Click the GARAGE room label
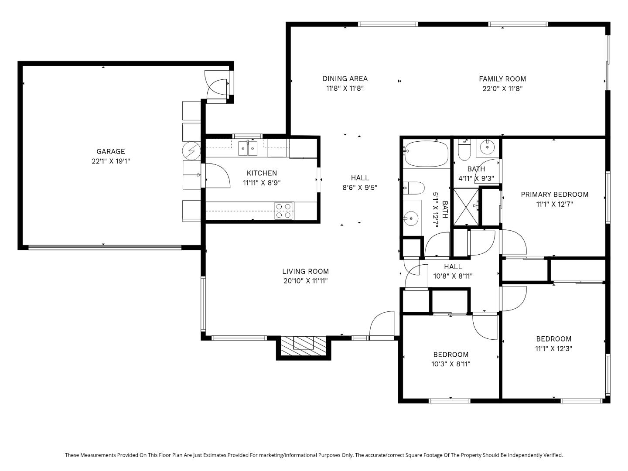tap(110, 151)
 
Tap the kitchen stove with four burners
tap(283, 210)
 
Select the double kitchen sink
tap(248, 148)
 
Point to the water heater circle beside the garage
tap(191, 150)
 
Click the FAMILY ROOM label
tap(502, 79)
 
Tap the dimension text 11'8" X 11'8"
tap(345, 88)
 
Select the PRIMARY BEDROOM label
tap(554, 195)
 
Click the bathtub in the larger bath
tap(426, 154)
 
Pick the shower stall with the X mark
tap(466, 206)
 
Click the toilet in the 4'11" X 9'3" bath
tap(464, 150)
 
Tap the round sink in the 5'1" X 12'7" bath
tap(410, 217)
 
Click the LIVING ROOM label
tap(305, 271)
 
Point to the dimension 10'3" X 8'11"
tap(451, 364)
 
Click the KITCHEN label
tap(262, 173)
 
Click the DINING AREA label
tap(345, 78)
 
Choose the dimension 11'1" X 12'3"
tap(553, 348)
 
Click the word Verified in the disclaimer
tap(553, 455)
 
